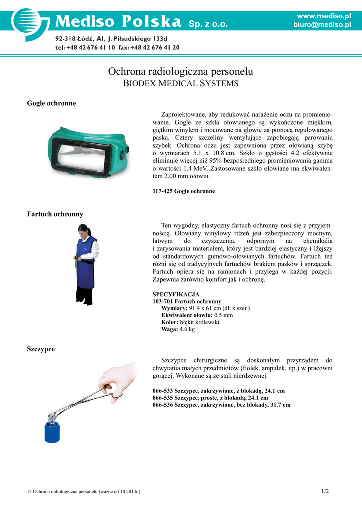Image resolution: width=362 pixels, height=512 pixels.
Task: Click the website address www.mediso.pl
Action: coord(324,16)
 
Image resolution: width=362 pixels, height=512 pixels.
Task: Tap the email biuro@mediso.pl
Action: coord(322,25)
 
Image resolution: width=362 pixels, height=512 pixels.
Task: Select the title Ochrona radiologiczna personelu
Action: coord(181,72)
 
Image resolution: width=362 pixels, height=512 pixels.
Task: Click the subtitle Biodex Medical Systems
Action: coord(181,83)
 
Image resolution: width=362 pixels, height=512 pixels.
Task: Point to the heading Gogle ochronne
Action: coord(51,103)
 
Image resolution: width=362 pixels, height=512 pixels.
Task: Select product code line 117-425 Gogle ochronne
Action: coord(184,191)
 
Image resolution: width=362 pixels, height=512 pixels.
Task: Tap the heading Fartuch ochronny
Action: coord(55,214)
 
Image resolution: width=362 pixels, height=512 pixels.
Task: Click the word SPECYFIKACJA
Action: coord(176,294)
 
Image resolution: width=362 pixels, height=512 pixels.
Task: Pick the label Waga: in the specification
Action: coord(169,330)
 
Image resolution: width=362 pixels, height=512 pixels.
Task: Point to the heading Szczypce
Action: coord(41,349)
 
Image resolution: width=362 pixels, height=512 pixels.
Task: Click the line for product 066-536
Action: coord(221,405)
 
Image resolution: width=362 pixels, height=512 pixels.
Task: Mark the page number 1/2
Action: coord(325,491)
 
